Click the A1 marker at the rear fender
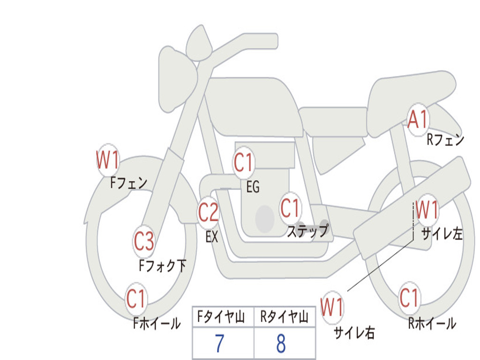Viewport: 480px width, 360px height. pos(418,120)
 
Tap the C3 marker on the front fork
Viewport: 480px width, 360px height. pos(144,241)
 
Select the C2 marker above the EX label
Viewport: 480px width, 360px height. pos(209,212)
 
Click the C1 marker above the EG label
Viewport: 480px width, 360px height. pos(244,162)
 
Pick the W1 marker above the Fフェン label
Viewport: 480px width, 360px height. pos(108,160)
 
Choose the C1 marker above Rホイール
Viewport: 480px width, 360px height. pos(409,298)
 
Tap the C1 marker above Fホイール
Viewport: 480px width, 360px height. pos(136,299)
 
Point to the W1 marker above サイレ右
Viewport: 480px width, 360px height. pos(332,307)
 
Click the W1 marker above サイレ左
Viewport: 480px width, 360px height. pos(427,210)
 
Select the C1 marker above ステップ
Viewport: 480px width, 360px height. pos(290,208)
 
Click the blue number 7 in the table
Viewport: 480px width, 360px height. pos(219,343)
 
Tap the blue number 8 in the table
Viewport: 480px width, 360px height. pos(281,343)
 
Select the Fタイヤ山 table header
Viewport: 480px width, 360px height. pos(221,316)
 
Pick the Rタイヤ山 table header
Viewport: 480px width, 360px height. pos(284,316)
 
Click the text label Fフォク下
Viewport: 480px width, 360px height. pos(163,265)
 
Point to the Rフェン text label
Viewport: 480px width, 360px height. pos(445,140)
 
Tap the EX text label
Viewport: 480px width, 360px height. pos(212,237)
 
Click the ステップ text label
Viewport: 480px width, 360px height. pos(308,231)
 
